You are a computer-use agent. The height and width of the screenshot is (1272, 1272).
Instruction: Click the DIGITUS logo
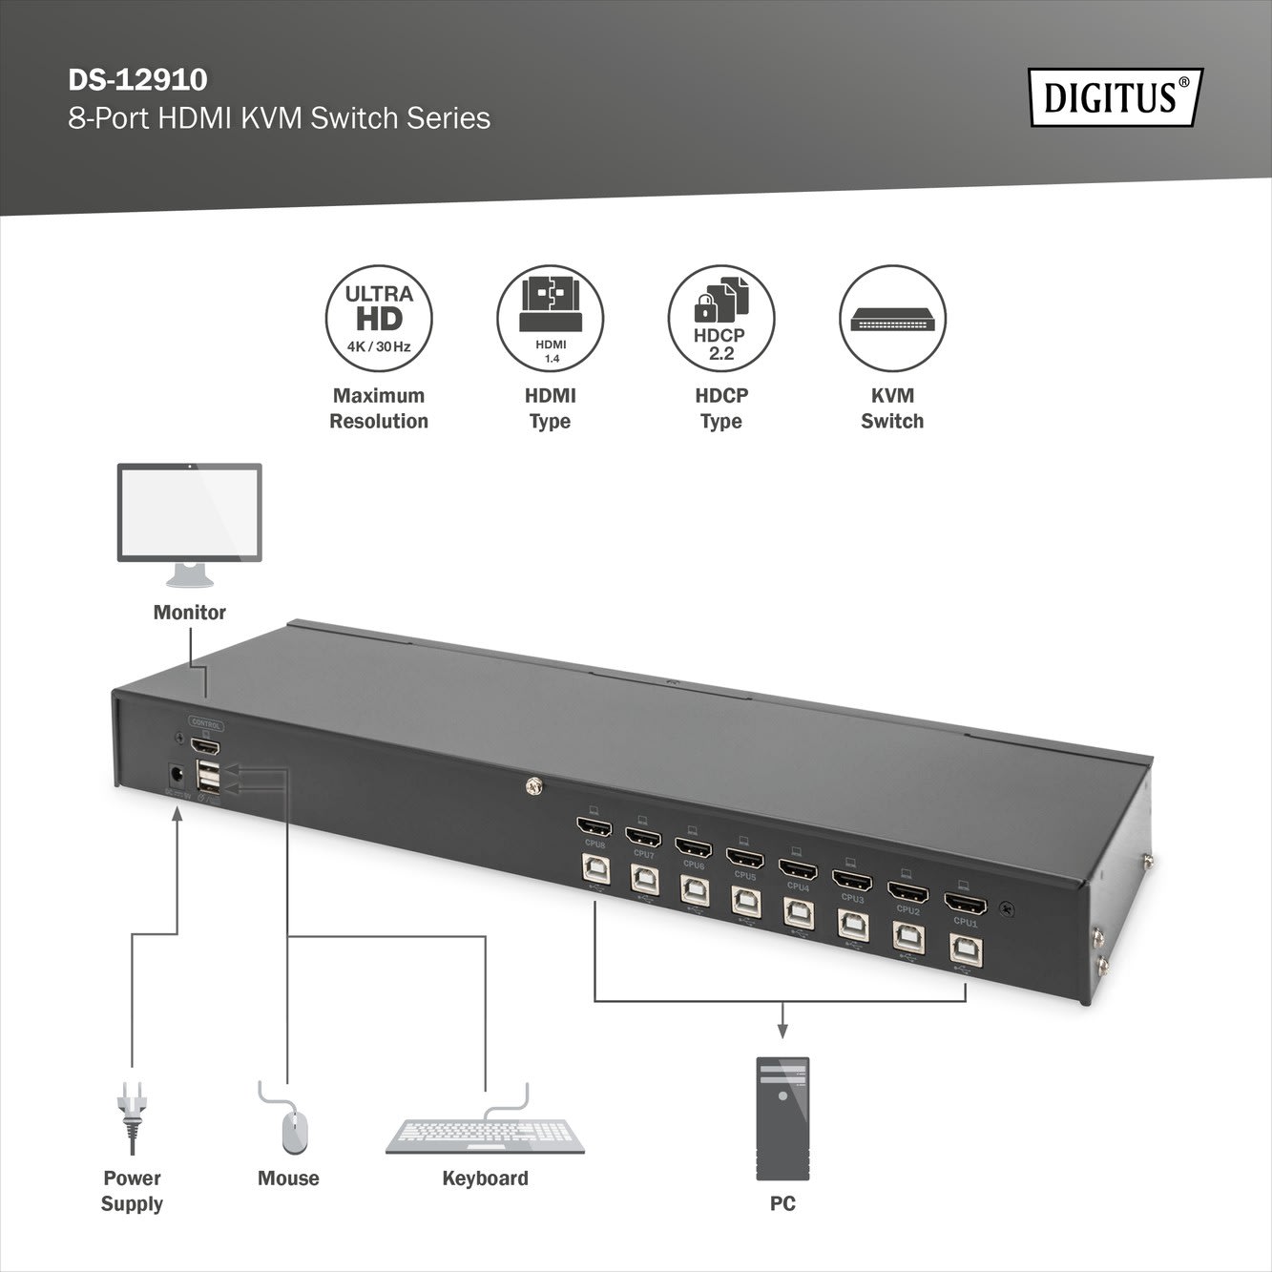click(1115, 97)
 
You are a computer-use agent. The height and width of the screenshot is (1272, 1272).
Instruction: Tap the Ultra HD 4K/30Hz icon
click(379, 318)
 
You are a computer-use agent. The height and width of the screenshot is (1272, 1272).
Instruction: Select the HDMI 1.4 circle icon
click(550, 318)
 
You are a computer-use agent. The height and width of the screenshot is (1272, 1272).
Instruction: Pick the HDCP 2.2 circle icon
click(720, 318)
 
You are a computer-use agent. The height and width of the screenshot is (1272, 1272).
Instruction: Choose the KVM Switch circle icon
click(892, 318)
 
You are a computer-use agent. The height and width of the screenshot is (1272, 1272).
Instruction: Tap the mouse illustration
click(293, 1131)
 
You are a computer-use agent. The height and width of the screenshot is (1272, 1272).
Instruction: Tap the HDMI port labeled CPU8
click(594, 824)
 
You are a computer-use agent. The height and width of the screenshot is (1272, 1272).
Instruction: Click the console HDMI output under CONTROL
click(205, 745)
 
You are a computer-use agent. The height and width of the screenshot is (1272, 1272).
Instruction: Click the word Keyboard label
click(485, 1178)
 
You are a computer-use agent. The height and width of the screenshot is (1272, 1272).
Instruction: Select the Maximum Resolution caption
click(379, 408)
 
